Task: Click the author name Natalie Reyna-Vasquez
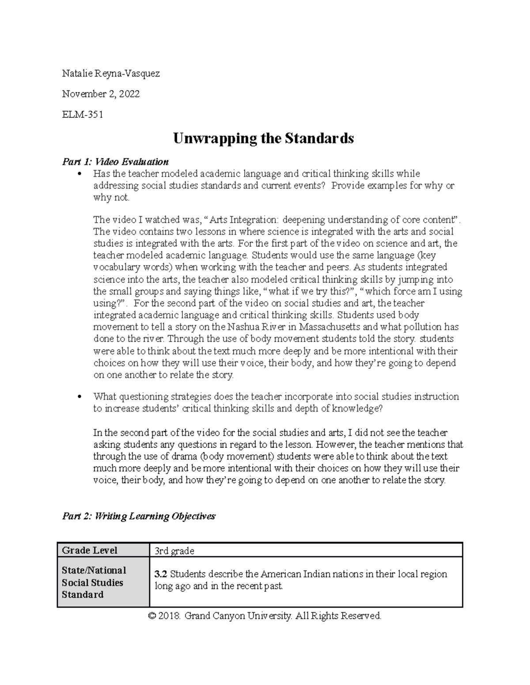pos(111,74)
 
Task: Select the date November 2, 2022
pos(101,94)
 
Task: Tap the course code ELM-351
pos(83,115)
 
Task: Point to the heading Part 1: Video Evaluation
pos(115,161)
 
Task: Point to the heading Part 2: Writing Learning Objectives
pos(139,516)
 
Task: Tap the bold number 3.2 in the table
pos(161,574)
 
